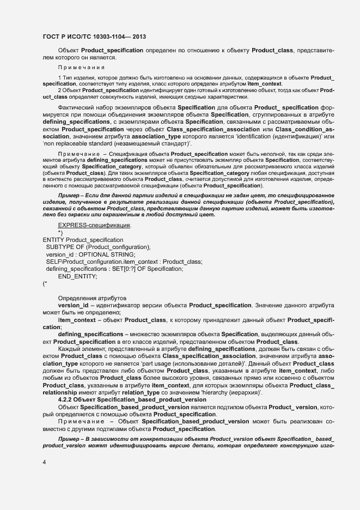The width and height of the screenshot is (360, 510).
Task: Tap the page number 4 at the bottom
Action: [x=44, y=462]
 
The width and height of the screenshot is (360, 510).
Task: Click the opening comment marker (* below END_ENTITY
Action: [x=45, y=283]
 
